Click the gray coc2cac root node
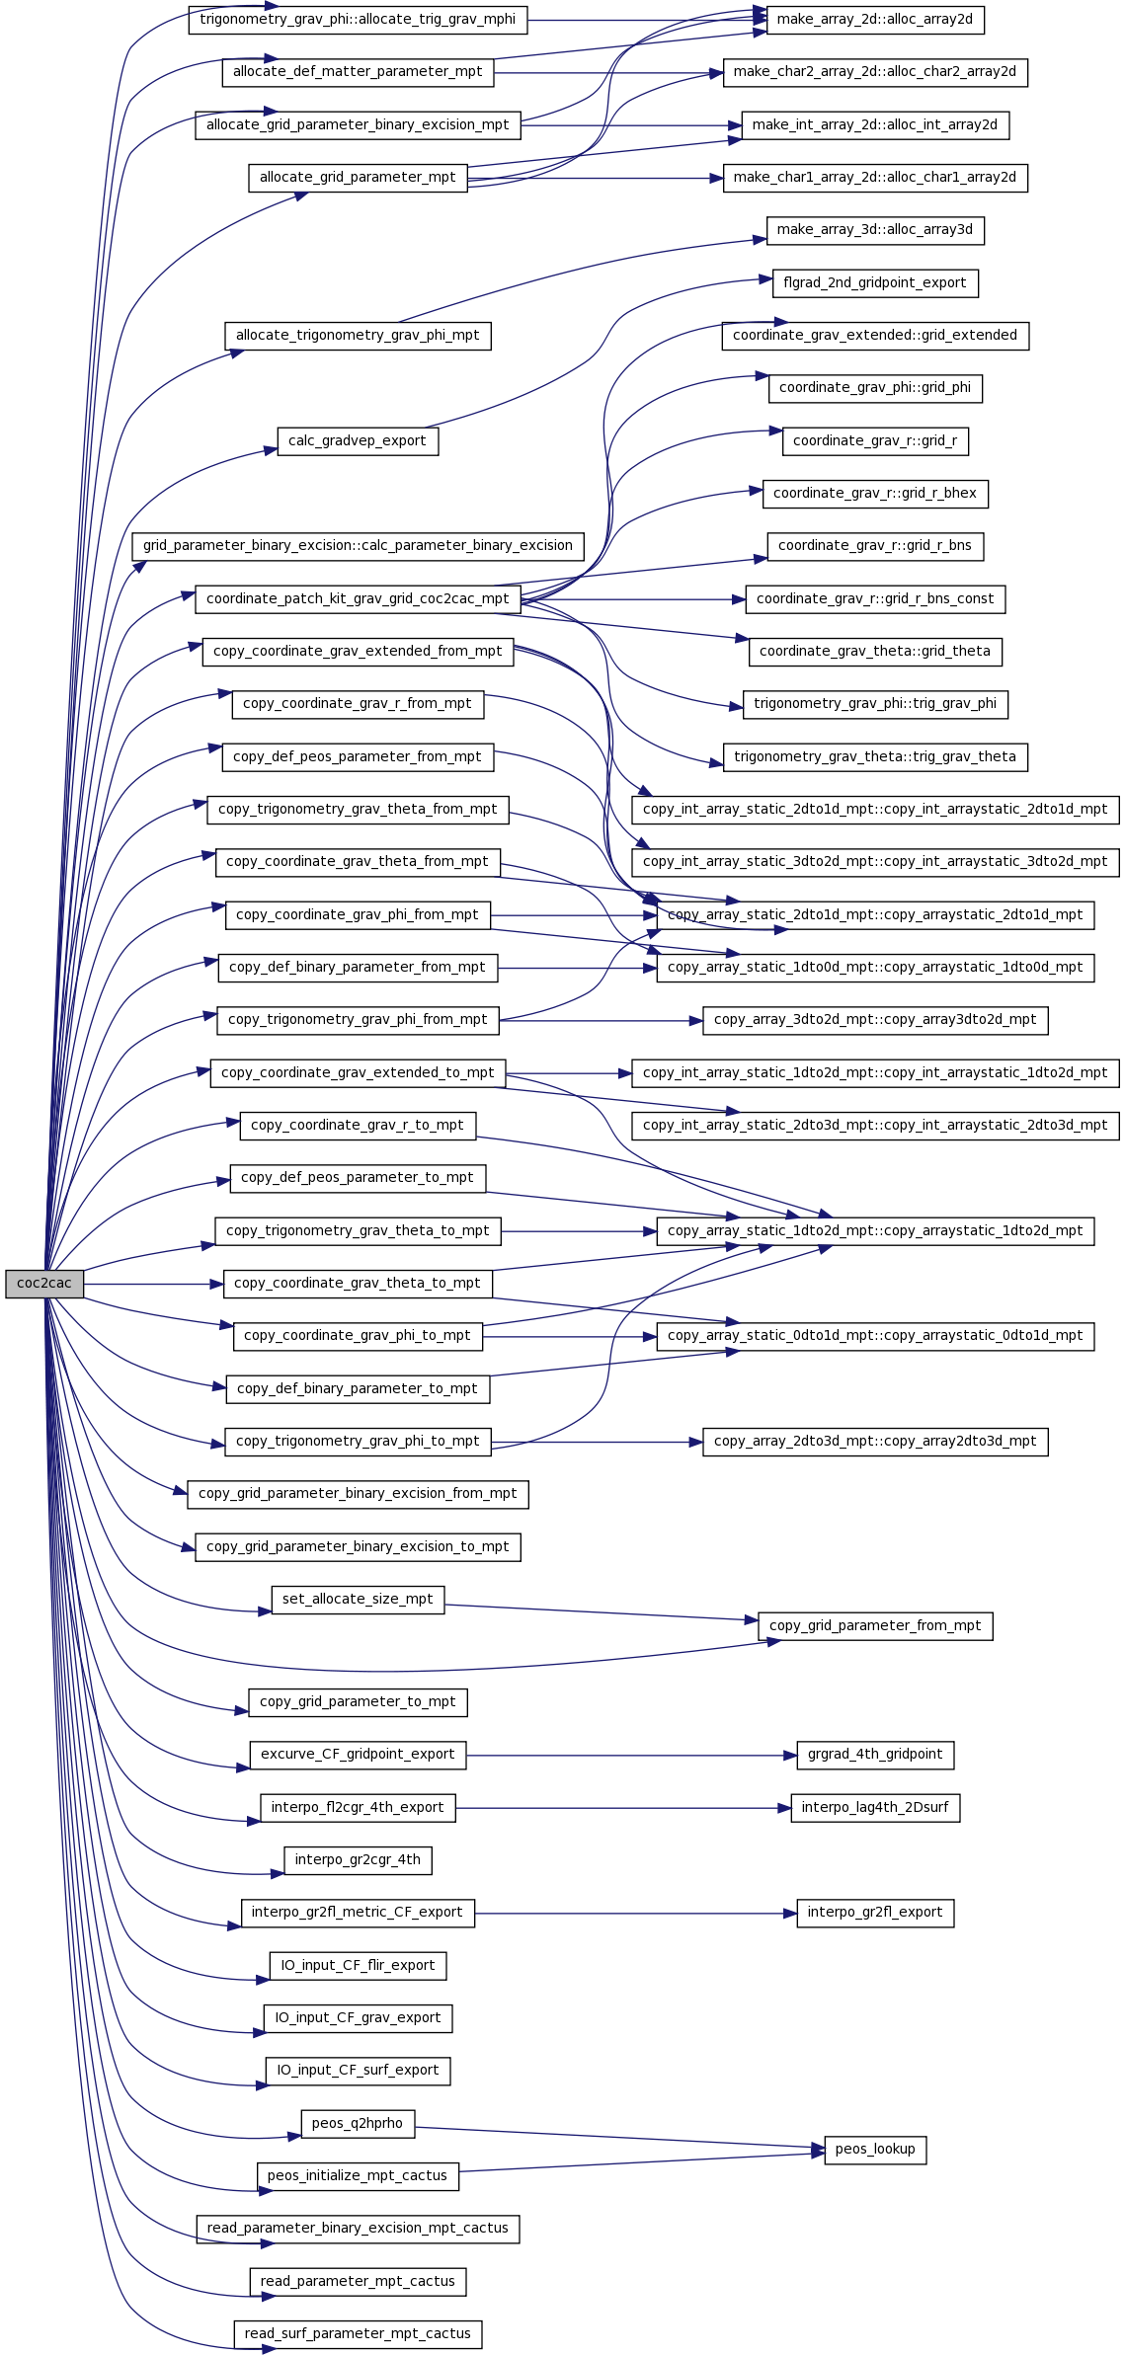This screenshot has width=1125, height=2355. click(x=44, y=1284)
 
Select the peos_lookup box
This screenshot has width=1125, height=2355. click(x=875, y=2150)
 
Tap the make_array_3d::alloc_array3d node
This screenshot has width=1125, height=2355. click(x=875, y=230)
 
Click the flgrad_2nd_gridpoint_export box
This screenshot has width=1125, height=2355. click(x=875, y=283)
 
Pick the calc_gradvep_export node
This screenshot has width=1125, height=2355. click(x=358, y=441)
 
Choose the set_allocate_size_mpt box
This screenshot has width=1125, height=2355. click(x=358, y=1600)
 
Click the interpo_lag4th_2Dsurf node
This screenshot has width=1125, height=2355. click(x=875, y=1808)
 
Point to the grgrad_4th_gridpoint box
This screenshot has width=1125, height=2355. click(x=875, y=1755)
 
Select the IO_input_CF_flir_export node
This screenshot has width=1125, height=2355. click(x=358, y=1966)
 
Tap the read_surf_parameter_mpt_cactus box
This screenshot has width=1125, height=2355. click(x=358, y=2334)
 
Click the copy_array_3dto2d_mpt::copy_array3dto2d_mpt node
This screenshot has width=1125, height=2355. click(x=875, y=1020)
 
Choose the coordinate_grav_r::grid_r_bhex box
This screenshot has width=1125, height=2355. click(x=875, y=494)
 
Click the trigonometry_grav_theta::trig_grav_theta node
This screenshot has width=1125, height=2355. click(x=875, y=757)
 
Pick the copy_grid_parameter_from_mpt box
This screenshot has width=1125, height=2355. click(x=875, y=1626)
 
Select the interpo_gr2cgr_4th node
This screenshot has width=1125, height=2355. click(x=358, y=1860)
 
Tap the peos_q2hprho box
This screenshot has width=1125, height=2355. click(x=358, y=2124)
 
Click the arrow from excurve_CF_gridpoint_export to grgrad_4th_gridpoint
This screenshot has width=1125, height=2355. click(x=632, y=1756)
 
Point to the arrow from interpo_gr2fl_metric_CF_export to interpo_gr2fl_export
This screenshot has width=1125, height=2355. click(x=636, y=1914)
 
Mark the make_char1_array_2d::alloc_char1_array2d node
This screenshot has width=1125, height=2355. click(x=875, y=178)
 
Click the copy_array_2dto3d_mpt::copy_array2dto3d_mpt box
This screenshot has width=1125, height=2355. click(x=875, y=1442)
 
